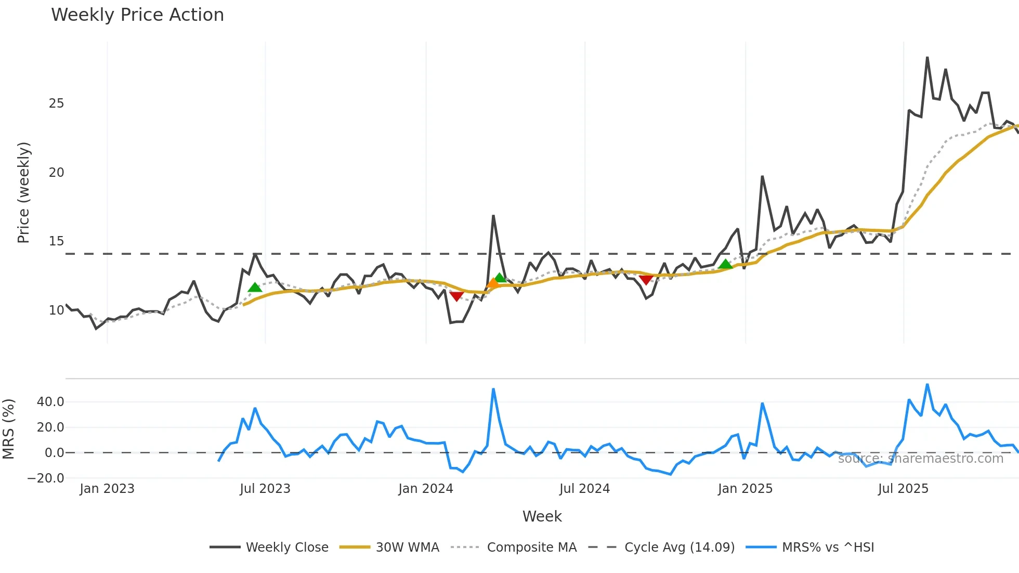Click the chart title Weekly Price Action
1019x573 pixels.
pos(137,15)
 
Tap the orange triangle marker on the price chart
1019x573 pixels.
pos(493,283)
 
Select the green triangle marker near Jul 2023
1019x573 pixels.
pos(255,288)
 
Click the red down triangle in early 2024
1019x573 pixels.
pos(456,296)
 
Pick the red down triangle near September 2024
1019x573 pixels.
pos(646,280)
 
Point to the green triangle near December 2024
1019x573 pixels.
pos(725,265)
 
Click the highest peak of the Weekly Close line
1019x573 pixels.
pos(927,58)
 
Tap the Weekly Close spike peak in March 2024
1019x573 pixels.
pos(493,216)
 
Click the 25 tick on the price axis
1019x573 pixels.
pos(56,103)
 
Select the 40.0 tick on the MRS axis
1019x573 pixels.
pos(50,402)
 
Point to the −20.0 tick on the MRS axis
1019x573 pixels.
pos(46,478)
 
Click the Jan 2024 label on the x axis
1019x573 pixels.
pos(426,489)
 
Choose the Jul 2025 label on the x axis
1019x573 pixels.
pos(903,489)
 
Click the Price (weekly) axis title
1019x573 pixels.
pos(24,193)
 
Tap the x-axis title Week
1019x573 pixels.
pos(542,516)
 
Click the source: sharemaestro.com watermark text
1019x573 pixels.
pos(920,459)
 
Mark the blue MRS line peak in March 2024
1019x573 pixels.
pos(493,389)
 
